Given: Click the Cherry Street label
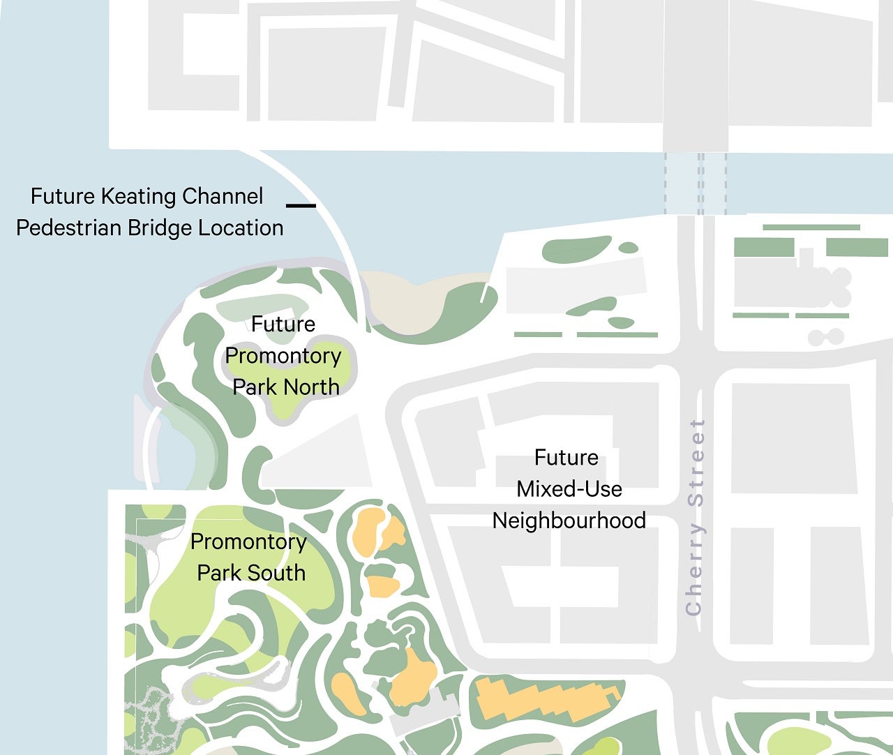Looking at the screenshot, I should tap(695, 517).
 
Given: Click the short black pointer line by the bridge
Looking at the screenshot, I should tap(301, 205).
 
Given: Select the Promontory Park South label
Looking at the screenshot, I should tap(249, 557).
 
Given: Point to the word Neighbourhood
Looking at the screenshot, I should tap(569, 521).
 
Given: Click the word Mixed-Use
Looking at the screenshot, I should tap(569, 489).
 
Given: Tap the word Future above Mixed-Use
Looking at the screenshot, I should tap(566, 458).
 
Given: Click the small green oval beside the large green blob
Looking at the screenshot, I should tap(629, 248).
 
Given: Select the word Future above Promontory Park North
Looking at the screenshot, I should tap(283, 324).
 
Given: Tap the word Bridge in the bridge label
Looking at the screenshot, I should tap(165, 228).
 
